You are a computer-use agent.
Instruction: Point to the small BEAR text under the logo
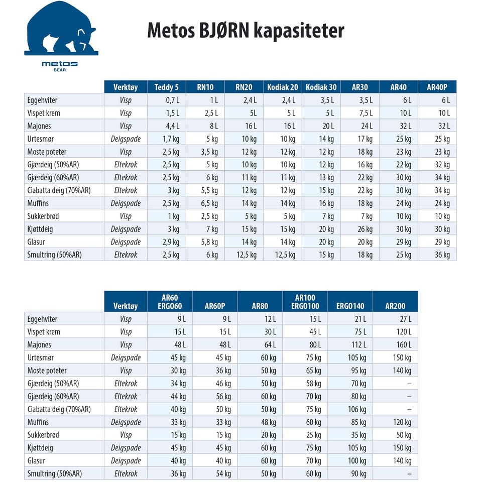tap(60, 70)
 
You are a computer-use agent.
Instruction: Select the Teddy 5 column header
tap(166, 87)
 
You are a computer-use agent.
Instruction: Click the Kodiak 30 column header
tap(321, 87)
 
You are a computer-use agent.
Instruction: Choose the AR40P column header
tap(437, 87)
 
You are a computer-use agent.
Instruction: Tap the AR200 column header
tap(395, 306)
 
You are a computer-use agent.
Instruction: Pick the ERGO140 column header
tap(350, 306)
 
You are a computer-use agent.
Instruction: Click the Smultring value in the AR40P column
tap(442, 255)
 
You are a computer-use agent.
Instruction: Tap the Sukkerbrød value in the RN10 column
tap(210, 216)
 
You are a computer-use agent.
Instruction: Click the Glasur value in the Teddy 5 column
tap(171, 242)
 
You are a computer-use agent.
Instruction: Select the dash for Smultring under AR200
tap(409, 473)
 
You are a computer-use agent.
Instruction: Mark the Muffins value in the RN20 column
tap(249, 203)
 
